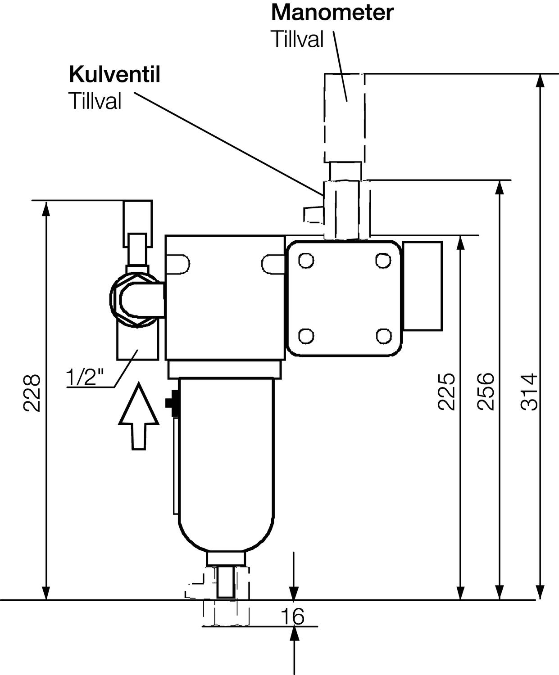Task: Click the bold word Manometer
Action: pyautogui.click(x=332, y=13)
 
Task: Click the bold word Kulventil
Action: pyautogui.click(x=114, y=75)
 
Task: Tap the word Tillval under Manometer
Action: pyautogui.click(x=297, y=40)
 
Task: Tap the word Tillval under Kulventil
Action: pyautogui.click(x=95, y=101)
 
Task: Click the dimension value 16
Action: pyautogui.click(x=293, y=616)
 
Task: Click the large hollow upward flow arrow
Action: pyautogui.click(x=139, y=416)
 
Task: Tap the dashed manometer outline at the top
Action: pyautogui.click(x=345, y=117)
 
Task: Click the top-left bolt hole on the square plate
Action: pyautogui.click(x=306, y=261)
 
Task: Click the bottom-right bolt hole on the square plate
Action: pyautogui.click(x=383, y=335)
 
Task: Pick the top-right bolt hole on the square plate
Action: pyautogui.click(x=383, y=261)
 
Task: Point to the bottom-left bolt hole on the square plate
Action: pyautogui.click(x=306, y=335)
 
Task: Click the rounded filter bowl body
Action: pyautogui.click(x=226, y=463)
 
